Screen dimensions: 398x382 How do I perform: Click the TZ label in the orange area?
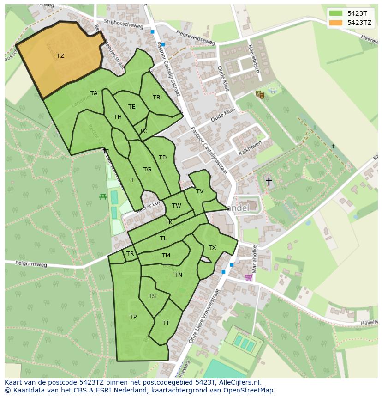coord(60,56)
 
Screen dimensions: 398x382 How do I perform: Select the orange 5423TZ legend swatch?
coord(336,23)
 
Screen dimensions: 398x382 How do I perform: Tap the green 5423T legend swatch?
coord(336,13)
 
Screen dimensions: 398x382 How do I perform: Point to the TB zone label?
coord(156,98)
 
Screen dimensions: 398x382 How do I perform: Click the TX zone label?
coord(212,248)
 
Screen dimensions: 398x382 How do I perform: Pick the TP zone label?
coord(133,317)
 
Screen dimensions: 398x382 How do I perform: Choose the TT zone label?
coord(166,323)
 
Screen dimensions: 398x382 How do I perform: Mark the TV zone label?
coord(200,191)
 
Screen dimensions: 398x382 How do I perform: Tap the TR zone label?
coord(130,254)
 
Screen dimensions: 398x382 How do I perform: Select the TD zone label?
coord(162,158)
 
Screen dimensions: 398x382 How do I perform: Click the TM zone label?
coord(166,256)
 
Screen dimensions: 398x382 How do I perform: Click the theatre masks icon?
coord(260,94)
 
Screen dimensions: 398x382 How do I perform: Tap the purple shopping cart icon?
coord(249,277)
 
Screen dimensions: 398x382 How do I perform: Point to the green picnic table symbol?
coord(103,196)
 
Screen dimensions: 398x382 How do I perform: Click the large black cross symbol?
coord(269,181)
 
